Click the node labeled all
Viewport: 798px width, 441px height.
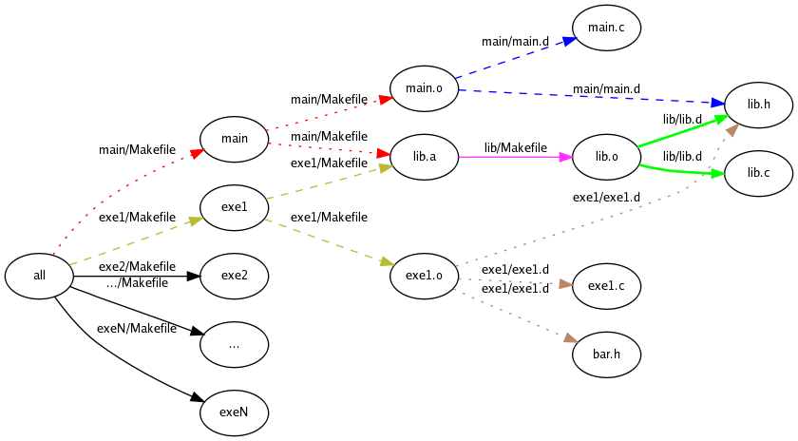tap(39, 277)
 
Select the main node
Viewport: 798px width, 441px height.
tap(234, 139)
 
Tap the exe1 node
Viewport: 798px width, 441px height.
tap(234, 207)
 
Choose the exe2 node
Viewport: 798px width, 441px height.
tap(234, 277)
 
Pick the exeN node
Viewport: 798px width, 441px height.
tap(234, 413)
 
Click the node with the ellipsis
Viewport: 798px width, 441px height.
tap(234, 345)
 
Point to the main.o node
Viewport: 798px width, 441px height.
tap(424, 89)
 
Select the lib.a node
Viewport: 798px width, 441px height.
tap(424, 157)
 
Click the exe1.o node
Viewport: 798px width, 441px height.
tap(424, 277)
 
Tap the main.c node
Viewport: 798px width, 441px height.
tap(606, 28)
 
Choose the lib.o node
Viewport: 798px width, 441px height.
tap(606, 157)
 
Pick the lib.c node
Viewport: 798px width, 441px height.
tap(758, 172)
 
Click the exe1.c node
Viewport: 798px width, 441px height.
tap(606, 285)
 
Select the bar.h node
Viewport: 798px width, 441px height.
tap(606, 355)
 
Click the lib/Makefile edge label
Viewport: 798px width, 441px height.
tap(516, 147)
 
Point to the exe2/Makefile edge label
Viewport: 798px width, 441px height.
tap(138, 266)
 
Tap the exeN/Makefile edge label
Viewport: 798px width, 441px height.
tap(138, 329)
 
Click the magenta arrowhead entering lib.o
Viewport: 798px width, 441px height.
tap(566, 157)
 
